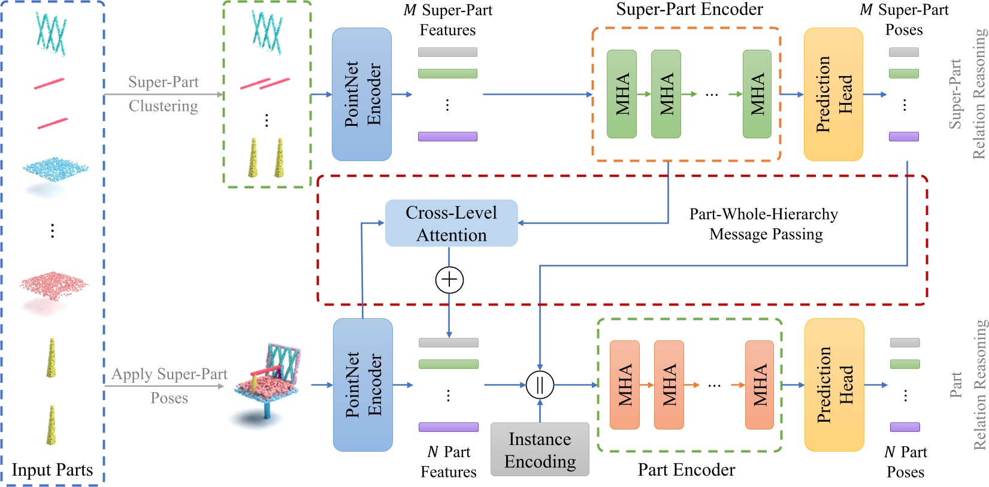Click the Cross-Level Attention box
click(x=451, y=223)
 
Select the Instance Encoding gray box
click(x=540, y=450)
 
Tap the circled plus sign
click(x=449, y=280)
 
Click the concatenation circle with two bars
click(x=540, y=385)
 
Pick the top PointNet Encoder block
click(x=362, y=95)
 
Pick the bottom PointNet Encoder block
click(x=362, y=385)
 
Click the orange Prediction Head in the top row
click(x=833, y=95)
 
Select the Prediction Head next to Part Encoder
click(x=834, y=385)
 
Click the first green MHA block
click(x=622, y=94)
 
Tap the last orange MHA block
click(x=759, y=385)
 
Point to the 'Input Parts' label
click(x=52, y=470)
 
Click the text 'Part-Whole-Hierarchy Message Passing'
click(x=764, y=224)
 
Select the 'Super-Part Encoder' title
click(x=689, y=10)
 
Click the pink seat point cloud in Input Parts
click(x=54, y=285)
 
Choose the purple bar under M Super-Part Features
click(x=447, y=137)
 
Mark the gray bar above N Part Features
click(x=448, y=343)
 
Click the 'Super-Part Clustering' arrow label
click(x=163, y=94)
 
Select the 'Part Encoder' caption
click(x=686, y=470)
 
